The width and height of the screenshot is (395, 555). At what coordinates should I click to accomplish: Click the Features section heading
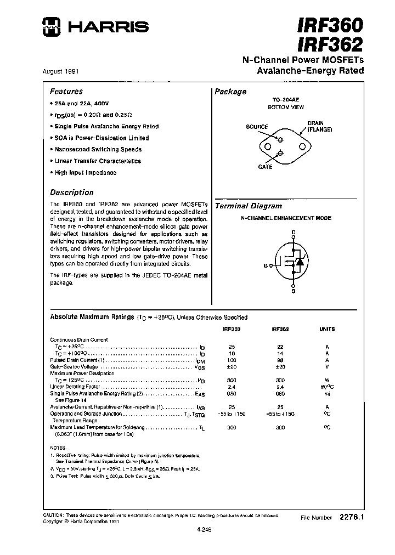[66, 92]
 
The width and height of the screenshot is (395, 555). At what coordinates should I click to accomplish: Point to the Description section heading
[72, 192]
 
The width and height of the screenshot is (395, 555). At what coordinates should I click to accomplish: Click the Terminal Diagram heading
[248, 206]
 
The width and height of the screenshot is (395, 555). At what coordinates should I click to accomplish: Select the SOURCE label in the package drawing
[257, 127]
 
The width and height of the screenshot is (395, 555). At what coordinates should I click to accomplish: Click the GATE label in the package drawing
[266, 167]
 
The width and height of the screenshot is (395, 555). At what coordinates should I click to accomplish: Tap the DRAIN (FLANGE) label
[316, 127]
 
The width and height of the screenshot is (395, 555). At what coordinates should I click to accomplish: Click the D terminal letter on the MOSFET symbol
[294, 233]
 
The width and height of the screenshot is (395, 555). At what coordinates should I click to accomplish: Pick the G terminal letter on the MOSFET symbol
[266, 265]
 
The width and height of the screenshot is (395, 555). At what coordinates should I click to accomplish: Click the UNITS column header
[327, 329]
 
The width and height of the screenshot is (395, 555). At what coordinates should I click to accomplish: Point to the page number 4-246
[203, 529]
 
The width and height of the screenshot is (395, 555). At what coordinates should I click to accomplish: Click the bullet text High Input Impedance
[85, 173]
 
